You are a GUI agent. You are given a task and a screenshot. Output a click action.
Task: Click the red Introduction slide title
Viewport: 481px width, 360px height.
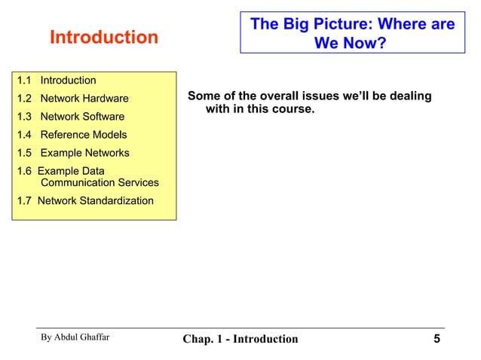(x=104, y=37)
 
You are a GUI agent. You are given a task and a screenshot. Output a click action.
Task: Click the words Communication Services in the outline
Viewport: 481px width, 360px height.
(x=100, y=182)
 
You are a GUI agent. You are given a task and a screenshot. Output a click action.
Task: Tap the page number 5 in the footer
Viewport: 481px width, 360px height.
(x=437, y=338)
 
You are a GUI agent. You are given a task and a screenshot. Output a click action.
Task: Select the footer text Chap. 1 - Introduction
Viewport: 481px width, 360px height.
(x=240, y=339)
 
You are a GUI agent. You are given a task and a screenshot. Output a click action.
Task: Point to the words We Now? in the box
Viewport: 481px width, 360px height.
(x=350, y=44)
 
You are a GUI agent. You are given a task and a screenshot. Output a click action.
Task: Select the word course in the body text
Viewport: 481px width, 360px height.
(x=294, y=111)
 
